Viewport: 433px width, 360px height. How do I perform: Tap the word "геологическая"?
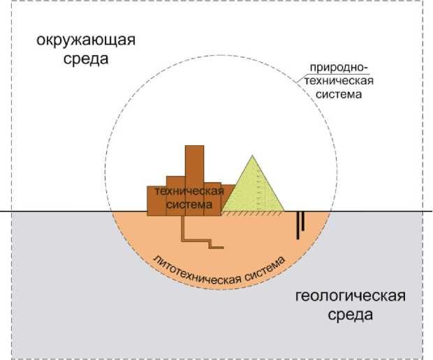point(350,296)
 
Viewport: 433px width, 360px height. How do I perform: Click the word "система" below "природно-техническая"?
point(338,93)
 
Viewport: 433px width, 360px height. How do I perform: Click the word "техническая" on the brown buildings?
point(189,191)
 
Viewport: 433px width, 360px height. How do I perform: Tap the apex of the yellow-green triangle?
point(251,155)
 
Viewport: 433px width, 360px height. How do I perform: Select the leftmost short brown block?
point(156,201)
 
